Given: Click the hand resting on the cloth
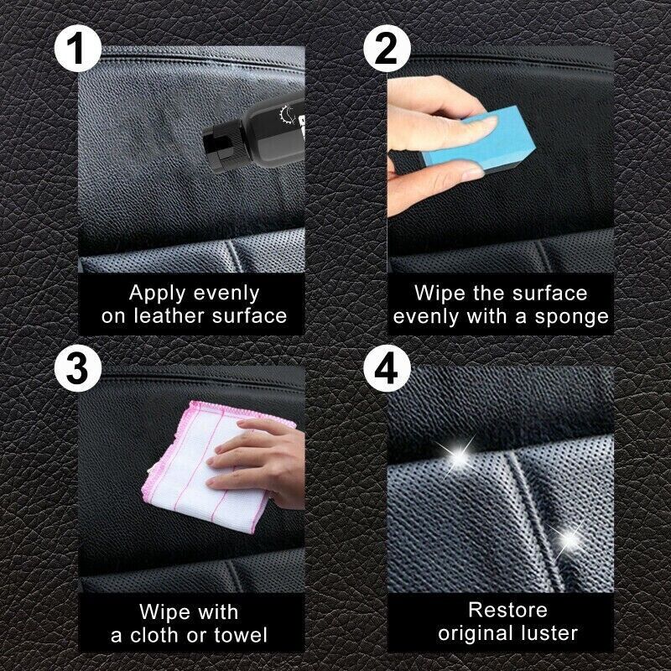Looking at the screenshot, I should [256, 457].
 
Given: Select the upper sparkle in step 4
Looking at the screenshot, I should [459, 455].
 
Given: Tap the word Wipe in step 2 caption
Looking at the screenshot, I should [440, 294].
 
